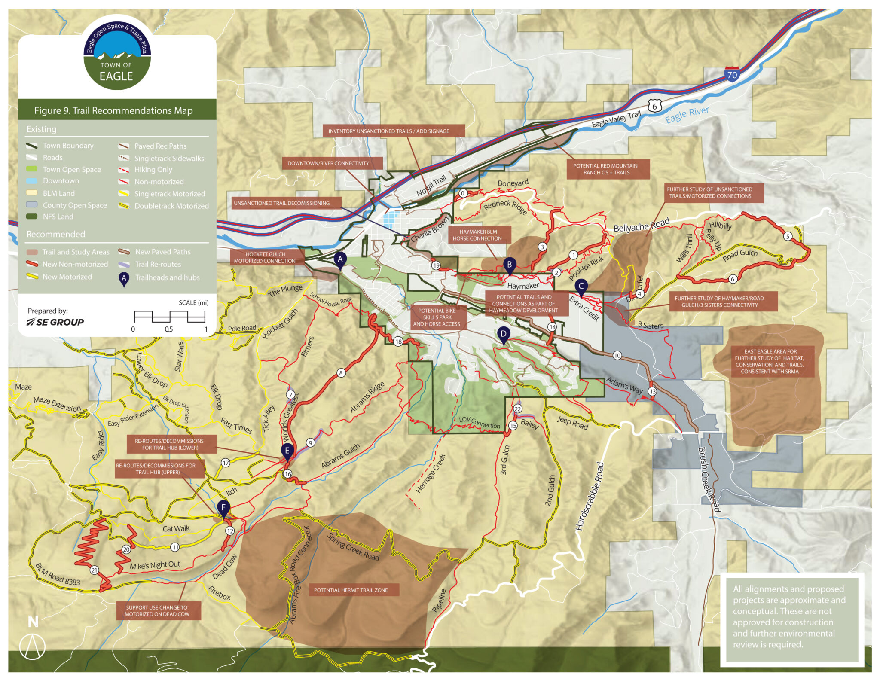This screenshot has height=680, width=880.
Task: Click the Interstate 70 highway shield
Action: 732,74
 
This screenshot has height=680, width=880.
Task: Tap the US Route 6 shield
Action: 654,106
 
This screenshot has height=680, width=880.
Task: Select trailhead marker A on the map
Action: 340,259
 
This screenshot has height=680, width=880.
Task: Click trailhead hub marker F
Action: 223,508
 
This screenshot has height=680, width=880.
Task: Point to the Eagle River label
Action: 687,114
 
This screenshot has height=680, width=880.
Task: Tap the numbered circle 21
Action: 94,570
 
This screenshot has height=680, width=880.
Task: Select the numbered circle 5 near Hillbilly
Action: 788,236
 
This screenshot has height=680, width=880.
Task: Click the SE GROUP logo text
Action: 55,322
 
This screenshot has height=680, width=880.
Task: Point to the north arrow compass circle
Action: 32,646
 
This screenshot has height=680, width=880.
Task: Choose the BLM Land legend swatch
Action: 32,193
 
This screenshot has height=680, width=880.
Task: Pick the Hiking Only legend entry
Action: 153,170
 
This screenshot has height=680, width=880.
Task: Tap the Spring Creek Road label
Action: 353,547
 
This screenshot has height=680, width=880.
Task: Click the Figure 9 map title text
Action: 113,110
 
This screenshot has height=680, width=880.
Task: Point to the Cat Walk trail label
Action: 176,528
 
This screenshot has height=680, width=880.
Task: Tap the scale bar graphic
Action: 169,317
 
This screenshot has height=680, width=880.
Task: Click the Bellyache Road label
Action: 641,225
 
